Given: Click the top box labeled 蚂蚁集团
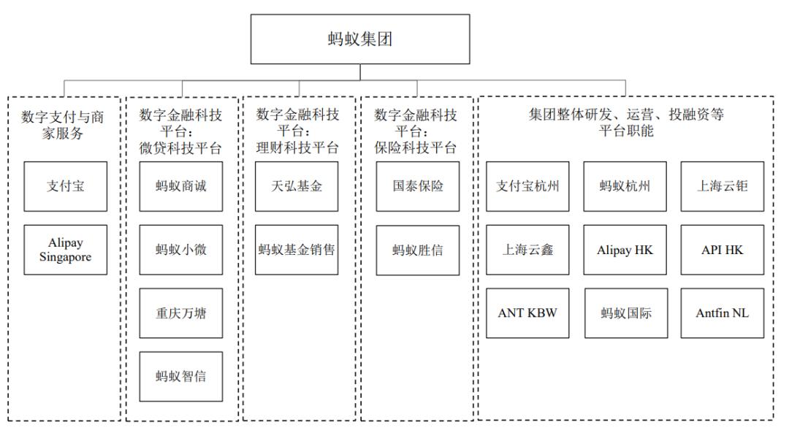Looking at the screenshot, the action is pos(360,39).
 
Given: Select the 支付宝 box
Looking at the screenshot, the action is pos(66,187).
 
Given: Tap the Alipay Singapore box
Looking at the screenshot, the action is pos(66,250).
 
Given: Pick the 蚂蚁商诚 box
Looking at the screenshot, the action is pos(181,187).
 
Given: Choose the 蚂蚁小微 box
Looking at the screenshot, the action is pos(181,250).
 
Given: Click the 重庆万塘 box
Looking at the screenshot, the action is pos(181,313).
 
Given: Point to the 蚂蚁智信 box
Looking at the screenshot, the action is pos(181,377).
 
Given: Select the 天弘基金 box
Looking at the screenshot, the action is pos(297,187).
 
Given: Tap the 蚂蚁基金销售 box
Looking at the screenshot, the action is pos(297,250).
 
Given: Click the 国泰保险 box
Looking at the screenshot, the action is pos(418,187).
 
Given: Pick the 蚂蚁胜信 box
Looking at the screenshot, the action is pos(418,250).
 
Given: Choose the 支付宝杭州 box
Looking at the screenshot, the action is pos(528,187).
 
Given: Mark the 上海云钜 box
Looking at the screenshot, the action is pos(723,187).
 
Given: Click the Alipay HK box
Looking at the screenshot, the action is pos(625,250).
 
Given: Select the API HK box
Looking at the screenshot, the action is pos(723,250).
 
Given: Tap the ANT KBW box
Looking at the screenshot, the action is pos(528,313).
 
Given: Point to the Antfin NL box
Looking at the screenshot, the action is pos(723,313).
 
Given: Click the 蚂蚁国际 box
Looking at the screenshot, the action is pos(626,313).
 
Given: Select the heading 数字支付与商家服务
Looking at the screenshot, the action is pos(63,125).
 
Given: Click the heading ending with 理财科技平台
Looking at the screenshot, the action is pos(297,131).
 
